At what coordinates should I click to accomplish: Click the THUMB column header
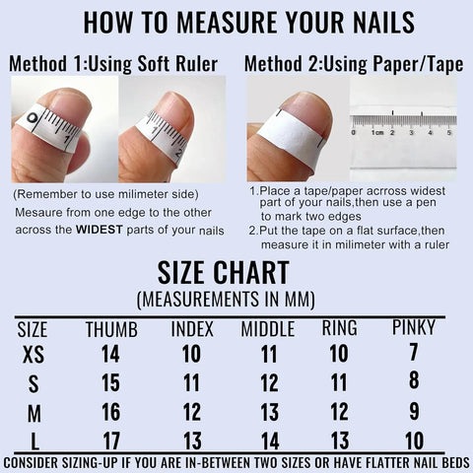pyautogui.click(x=111, y=329)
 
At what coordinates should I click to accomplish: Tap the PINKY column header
pyautogui.click(x=413, y=327)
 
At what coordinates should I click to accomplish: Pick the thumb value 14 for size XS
pyautogui.click(x=110, y=354)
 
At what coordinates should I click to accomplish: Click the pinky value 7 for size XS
pyautogui.click(x=414, y=352)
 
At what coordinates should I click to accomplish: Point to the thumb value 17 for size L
pyautogui.click(x=110, y=441)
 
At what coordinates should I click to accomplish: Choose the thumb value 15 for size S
pyautogui.click(x=110, y=382)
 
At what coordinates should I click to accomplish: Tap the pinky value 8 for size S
pyautogui.click(x=414, y=380)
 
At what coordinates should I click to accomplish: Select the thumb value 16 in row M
pyautogui.click(x=110, y=412)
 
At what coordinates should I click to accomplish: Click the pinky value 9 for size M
pyautogui.click(x=414, y=411)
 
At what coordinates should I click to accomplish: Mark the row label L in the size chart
pyautogui.click(x=33, y=441)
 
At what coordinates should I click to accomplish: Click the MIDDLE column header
pyautogui.click(x=267, y=329)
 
